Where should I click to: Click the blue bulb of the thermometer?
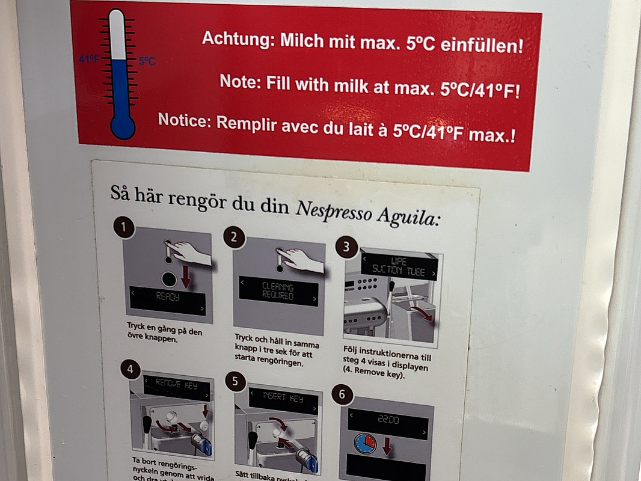click(x=123, y=126)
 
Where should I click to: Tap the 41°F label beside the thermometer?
click(x=90, y=60)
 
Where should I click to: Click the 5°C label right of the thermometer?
click(x=147, y=61)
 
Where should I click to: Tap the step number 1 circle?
click(x=124, y=228)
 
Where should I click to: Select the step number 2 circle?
click(x=234, y=237)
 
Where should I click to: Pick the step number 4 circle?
click(x=130, y=370)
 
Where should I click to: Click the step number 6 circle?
click(x=342, y=394)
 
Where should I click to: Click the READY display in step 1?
click(x=168, y=297)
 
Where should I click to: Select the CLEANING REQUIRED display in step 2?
click(x=277, y=291)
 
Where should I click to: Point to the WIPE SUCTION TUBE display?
click(x=398, y=266)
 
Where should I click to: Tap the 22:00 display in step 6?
click(x=388, y=421)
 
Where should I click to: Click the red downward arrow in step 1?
click(x=186, y=277)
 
